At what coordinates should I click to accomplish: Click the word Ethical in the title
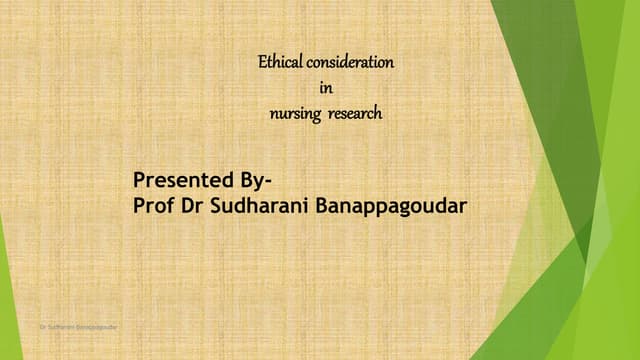[280, 62]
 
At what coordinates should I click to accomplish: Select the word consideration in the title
[350, 62]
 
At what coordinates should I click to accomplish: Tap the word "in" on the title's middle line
[325, 89]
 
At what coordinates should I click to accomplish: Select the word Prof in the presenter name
[151, 205]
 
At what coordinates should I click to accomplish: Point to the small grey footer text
[78, 326]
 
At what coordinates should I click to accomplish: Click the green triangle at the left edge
[8, 300]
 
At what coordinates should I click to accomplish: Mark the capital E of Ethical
[263, 62]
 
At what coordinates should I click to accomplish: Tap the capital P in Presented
[139, 181]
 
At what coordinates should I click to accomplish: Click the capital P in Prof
[139, 205]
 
